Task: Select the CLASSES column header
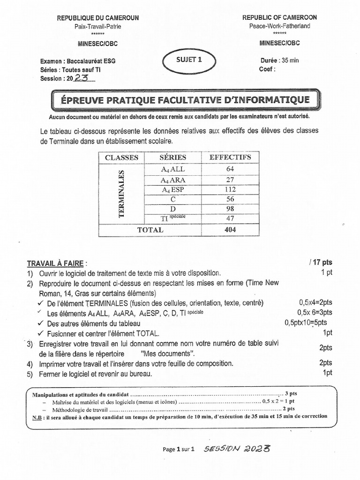coord(121,157)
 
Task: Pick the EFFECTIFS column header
coord(230,157)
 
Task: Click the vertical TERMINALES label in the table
coord(122,194)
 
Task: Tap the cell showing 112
coord(230,189)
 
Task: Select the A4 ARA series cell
coord(173,180)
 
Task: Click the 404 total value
coord(230,230)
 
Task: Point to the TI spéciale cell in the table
coord(173,218)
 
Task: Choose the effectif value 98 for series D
coord(230,209)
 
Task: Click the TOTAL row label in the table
coord(150,230)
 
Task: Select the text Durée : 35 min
coord(279,60)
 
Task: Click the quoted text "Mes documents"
coord(166,353)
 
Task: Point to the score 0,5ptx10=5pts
coord(306,322)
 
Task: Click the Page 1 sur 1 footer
coord(179,449)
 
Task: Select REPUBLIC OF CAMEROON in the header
coord(279,17)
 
